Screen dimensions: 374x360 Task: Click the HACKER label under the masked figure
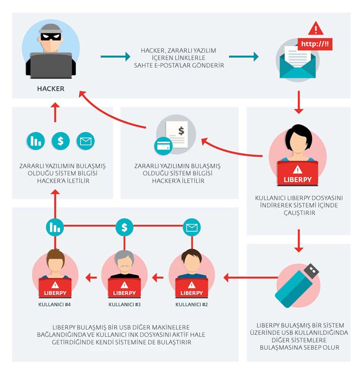51,89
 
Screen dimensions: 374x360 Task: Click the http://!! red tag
315,44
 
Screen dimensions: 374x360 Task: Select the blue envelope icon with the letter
297,64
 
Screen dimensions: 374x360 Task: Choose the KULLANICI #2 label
191,304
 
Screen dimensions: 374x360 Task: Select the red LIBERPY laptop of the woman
297,173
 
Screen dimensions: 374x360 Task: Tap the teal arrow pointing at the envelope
243,57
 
